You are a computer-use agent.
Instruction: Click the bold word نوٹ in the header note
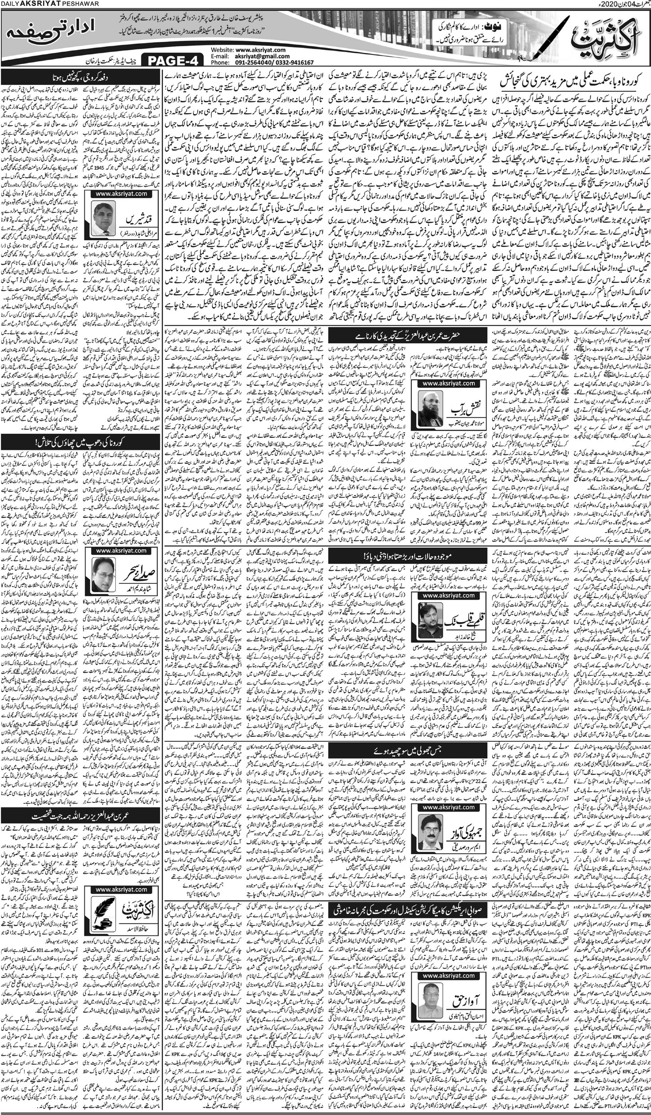(457, 26)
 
